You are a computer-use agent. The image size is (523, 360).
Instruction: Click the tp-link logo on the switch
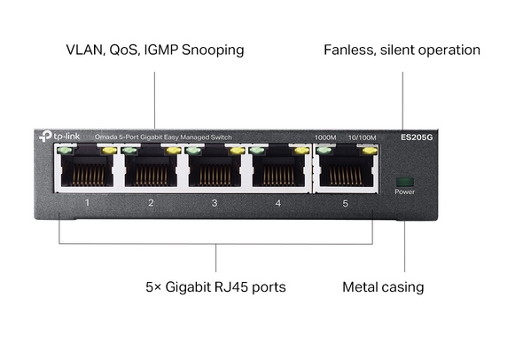59,136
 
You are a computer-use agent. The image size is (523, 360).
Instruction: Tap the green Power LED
404,182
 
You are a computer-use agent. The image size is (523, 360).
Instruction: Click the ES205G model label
417,137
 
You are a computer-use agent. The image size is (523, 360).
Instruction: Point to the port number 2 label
151,202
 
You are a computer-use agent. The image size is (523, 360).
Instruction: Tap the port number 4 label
278,203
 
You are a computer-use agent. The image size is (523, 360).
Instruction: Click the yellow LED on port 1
109,151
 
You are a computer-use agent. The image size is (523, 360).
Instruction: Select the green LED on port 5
324,150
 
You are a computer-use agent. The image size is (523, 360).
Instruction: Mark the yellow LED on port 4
301,151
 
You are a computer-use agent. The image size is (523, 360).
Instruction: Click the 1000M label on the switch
325,137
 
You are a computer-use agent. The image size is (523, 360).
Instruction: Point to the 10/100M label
362,137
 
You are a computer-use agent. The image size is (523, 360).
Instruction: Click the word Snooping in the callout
213,51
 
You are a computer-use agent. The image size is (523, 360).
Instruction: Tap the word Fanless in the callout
349,50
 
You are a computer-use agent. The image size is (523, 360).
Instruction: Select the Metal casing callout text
383,287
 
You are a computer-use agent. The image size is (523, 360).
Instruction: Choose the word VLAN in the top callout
86,50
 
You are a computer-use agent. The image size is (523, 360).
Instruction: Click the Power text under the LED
404,192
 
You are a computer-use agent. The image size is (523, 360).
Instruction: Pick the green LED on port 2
129,151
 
